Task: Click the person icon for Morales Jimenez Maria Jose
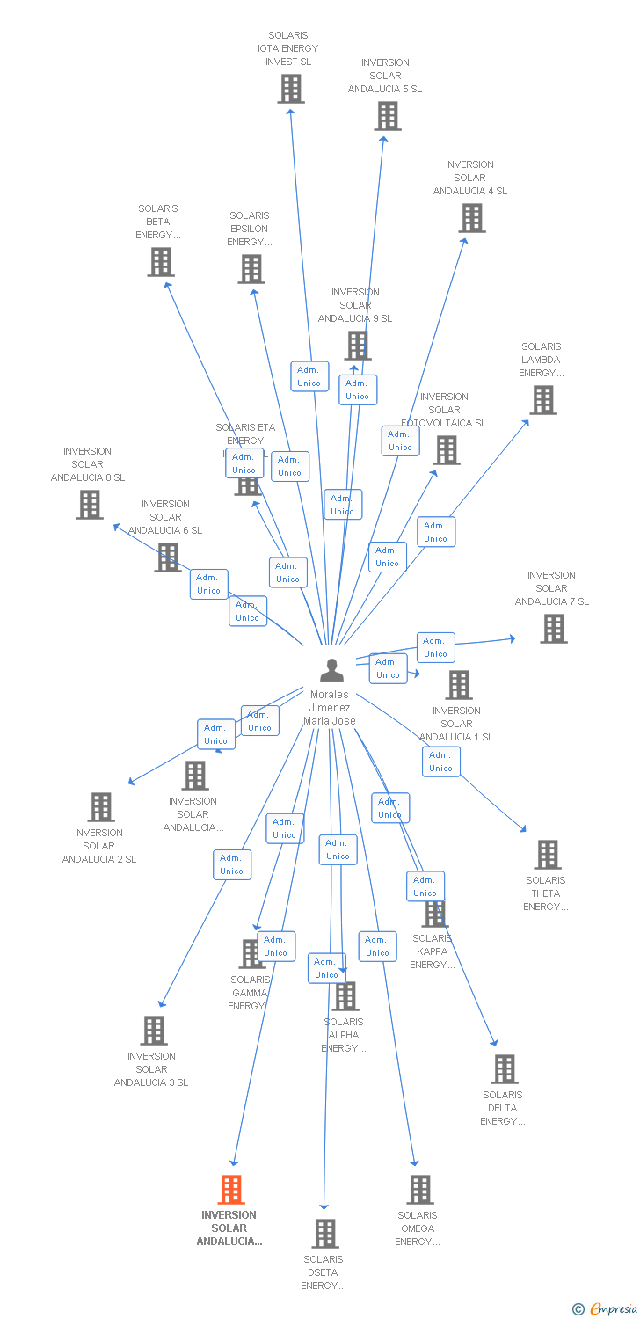point(331,671)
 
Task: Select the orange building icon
point(230,1190)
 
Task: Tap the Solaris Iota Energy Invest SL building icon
point(291,89)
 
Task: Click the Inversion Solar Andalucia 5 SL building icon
point(387,116)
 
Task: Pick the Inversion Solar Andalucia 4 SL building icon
point(472,218)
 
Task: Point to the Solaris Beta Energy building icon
point(161,262)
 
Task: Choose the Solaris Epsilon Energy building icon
point(251,269)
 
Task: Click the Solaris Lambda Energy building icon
point(543,400)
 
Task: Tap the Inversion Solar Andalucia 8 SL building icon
point(90,505)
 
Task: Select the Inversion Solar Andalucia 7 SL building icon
point(554,629)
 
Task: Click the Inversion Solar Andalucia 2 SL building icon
point(101,807)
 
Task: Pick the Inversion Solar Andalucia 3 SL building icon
point(154,1031)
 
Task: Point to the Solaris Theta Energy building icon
point(548,855)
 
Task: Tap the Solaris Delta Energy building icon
point(505,1069)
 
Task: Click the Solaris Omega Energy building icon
point(420,1190)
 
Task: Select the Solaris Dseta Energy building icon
point(325,1234)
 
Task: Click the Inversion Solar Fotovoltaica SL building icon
point(447,450)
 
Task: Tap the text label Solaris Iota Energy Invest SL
point(288,49)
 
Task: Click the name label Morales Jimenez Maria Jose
point(330,708)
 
